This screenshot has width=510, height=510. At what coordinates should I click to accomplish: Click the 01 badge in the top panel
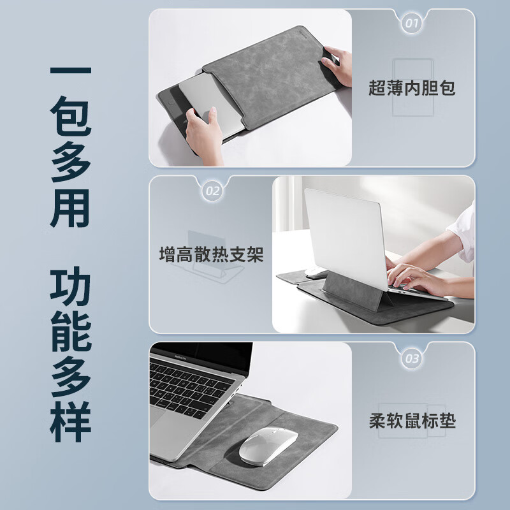pyautogui.click(x=412, y=24)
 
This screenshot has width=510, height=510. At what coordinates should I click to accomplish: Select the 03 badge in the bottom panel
pyautogui.click(x=412, y=358)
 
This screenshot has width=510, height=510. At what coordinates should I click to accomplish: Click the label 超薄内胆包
pyautogui.click(x=412, y=88)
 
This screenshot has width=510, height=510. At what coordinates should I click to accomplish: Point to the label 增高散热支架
pyautogui.click(x=211, y=256)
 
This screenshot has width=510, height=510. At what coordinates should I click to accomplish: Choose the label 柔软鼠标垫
pyautogui.click(x=412, y=421)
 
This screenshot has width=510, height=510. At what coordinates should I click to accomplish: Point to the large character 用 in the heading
pyautogui.click(x=71, y=206)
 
